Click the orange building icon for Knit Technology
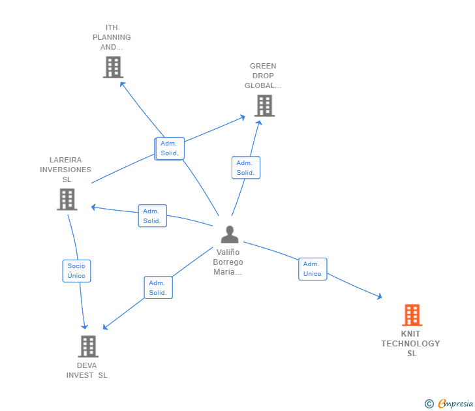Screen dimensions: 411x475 [x=412, y=315]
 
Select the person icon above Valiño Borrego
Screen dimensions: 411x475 [x=230, y=234]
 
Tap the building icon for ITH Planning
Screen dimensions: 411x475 [x=113, y=67]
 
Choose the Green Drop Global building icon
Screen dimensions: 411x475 [x=264, y=106]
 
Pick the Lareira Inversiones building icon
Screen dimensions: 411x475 [x=67, y=199]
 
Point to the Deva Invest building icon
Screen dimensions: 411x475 [x=88, y=346]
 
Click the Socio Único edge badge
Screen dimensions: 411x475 [x=76, y=271]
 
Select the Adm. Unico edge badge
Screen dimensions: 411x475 [x=313, y=269]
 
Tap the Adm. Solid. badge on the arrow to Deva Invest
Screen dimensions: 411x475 [x=158, y=288]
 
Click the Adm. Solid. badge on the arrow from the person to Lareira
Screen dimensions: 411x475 [x=152, y=216]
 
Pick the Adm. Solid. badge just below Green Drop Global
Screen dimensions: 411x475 [x=245, y=168]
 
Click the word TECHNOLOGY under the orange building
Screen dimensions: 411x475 [x=410, y=344]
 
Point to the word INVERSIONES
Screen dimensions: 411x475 [x=65, y=170]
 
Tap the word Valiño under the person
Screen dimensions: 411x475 [x=228, y=252]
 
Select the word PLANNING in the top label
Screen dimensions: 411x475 [x=112, y=37]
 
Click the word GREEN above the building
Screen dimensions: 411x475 [x=263, y=66]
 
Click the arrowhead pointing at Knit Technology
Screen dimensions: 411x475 [x=379, y=297]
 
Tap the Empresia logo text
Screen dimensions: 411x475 [x=455, y=404]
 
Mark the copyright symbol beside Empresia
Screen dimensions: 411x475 [x=429, y=404]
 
